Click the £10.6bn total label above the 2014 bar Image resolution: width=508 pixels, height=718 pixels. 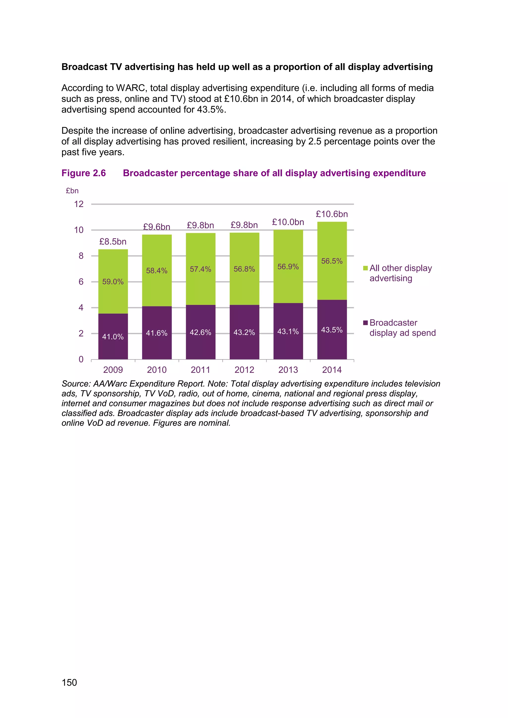click(x=332, y=214)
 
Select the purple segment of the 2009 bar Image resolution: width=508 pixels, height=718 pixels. click(x=113, y=347)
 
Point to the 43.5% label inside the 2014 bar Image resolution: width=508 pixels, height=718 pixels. click(x=332, y=330)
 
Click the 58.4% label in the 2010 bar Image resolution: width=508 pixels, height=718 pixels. click(x=157, y=270)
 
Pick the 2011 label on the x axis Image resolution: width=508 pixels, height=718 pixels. click(x=200, y=370)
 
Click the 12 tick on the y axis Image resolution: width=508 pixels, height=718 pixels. click(x=79, y=204)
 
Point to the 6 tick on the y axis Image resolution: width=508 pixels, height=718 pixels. click(x=81, y=282)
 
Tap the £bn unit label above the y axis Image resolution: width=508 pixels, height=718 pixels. click(x=72, y=191)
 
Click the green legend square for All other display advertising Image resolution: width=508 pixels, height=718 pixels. click(x=365, y=268)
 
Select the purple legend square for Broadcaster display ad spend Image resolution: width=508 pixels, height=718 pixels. click(x=365, y=323)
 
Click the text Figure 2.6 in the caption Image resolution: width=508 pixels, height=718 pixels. click(x=84, y=173)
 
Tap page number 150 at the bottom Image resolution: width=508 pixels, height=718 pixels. click(x=69, y=682)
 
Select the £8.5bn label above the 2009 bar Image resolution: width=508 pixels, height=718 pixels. click(x=113, y=241)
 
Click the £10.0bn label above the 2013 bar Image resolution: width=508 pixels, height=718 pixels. click(x=288, y=222)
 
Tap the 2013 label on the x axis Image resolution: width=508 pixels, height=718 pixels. click(x=288, y=370)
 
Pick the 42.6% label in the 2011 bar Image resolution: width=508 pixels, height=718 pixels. click(x=200, y=332)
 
